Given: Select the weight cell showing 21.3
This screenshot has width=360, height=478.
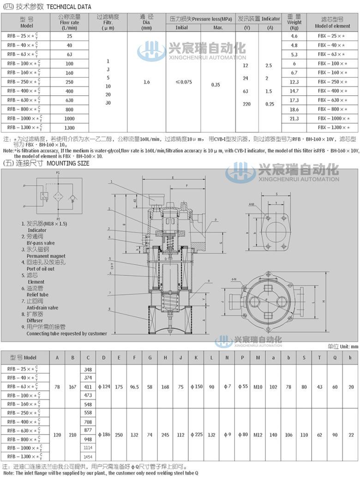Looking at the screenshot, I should pos(294,119).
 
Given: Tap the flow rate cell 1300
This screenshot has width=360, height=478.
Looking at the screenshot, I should pos(69,128).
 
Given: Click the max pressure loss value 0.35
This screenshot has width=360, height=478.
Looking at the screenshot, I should pos(216,85).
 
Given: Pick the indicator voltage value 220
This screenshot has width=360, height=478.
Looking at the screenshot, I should pos(246,104).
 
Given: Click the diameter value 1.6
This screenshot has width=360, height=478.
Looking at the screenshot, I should pos(146,82).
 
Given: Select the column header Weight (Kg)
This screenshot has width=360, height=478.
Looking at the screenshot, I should pos(294,22).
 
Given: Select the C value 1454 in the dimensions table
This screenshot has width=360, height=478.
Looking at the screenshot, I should pos(88,456).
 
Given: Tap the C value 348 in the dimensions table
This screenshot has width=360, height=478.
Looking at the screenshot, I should pos(88,369).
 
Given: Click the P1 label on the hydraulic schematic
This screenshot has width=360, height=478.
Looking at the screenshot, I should pos(58,172).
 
